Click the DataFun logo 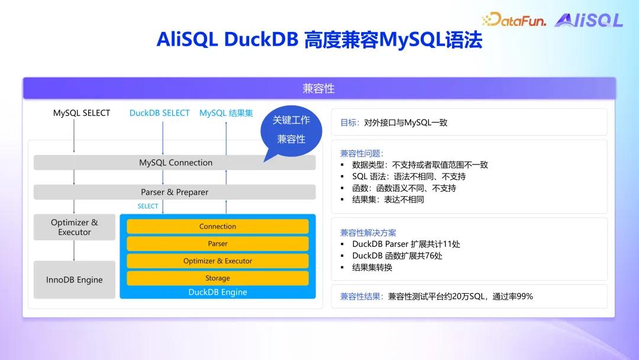[x=514, y=20]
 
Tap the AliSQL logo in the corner [x=588, y=20]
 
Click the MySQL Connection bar [x=175, y=163]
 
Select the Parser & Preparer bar [x=175, y=192]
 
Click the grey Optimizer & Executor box [x=75, y=227]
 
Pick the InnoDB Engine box [x=75, y=280]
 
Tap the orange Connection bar [x=218, y=227]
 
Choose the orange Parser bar [x=218, y=244]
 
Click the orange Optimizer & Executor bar [x=218, y=261]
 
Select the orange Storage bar [x=218, y=278]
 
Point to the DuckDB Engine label [x=218, y=292]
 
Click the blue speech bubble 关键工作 [x=291, y=130]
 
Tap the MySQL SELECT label [x=82, y=113]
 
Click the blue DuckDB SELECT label [x=160, y=113]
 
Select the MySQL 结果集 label [x=226, y=113]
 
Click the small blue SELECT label [x=148, y=206]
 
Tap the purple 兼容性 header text [x=318, y=89]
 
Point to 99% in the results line [x=525, y=297]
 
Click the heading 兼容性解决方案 [x=368, y=233]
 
